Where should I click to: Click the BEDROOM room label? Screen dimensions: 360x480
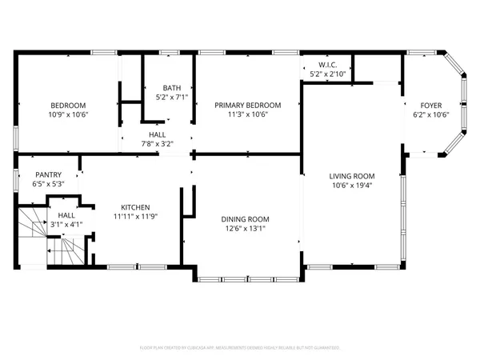coord(68,106)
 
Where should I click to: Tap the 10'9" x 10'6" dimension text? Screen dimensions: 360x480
coord(68,114)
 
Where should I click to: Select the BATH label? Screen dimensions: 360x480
coord(171,88)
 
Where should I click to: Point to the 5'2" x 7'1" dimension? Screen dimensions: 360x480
coord(171,98)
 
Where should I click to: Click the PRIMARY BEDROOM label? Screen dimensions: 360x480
coord(247,106)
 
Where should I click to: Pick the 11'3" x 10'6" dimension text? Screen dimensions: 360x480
coord(247,114)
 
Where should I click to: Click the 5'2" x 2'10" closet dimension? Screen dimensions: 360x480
coord(326,74)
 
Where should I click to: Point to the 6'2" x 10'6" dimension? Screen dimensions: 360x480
coord(430,114)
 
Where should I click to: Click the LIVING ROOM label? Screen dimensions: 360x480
coord(352,176)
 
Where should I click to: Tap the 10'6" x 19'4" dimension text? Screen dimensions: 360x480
coord(352,186)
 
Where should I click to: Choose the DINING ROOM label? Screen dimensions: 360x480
coord(245,219)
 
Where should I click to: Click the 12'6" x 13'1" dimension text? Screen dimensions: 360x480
coord(245,229)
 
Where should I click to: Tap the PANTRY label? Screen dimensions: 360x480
coord(48,174)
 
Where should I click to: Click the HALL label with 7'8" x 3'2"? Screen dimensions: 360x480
coord(157,135)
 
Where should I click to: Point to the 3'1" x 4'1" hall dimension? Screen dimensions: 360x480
coord(65,225)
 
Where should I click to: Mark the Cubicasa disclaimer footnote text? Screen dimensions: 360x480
coord(240,348)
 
